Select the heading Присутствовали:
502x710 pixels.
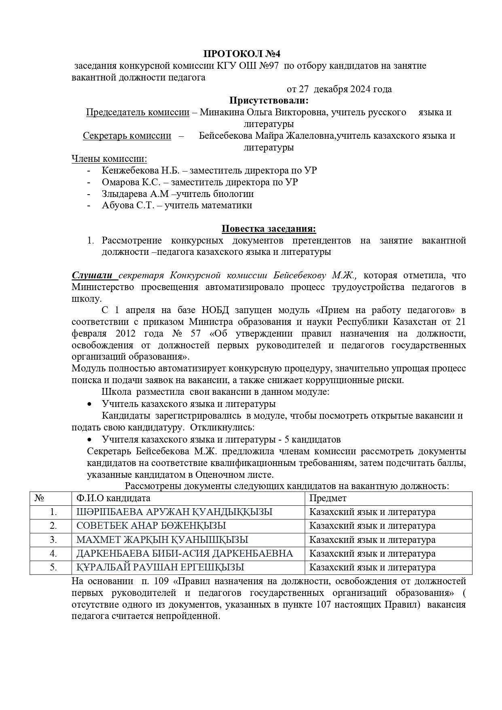(x=269, y=100)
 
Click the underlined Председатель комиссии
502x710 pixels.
(x=138, y=112)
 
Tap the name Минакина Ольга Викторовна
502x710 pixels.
(x=263, y=112)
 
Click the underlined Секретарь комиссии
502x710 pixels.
(x=127, y=136)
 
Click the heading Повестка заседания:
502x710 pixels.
(x=269, y=229)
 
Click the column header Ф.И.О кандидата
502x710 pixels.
(x=113, y=498)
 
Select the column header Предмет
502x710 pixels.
(x=328, y=498)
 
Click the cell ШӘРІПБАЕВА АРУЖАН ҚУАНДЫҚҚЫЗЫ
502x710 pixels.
(x=174, y=512)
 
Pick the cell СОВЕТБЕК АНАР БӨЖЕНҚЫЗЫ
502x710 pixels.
(x=151, y=526)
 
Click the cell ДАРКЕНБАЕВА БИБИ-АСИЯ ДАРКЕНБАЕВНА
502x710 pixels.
(x=184, y=553)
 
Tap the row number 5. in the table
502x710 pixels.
(x=53, y=567)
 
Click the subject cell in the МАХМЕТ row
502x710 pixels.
(x=372, y=540)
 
